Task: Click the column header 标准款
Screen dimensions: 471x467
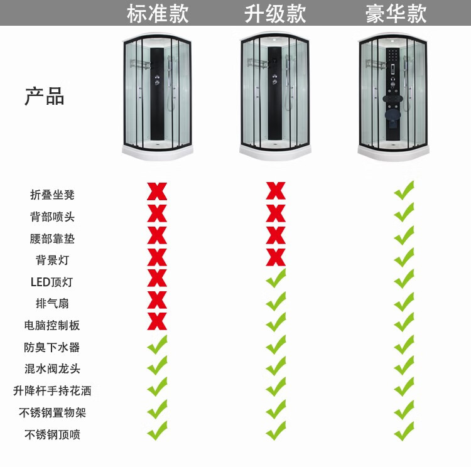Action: (157, 13)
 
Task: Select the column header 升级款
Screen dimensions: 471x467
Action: (275, 13)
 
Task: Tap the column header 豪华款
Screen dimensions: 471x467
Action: (396, 13)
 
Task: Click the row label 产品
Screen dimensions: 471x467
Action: (45, 97)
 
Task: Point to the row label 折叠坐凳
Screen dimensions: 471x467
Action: (52, 195)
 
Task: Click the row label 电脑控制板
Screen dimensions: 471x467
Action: (52, 325)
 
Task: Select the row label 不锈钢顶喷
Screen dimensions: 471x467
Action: (52, 434)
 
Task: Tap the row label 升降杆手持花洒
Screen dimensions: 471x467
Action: (52, 390)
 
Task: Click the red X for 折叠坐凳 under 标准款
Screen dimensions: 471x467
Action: (157, 191)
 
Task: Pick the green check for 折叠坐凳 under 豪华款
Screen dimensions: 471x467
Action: (404, 190)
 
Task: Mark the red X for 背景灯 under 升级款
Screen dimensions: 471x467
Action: (276, 257)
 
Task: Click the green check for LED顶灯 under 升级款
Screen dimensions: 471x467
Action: (276, 278)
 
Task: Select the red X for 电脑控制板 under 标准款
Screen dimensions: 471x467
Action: (157, 321)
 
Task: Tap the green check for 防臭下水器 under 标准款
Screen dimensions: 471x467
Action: (157, 345)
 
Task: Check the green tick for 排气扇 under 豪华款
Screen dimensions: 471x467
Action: (404, 301)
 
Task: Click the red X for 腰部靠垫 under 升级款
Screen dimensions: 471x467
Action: (276, 235)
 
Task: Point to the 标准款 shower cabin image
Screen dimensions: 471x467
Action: (157, 97)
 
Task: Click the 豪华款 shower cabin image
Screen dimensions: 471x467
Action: (394, 97)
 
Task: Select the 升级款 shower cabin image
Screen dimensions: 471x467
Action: (275, 97)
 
